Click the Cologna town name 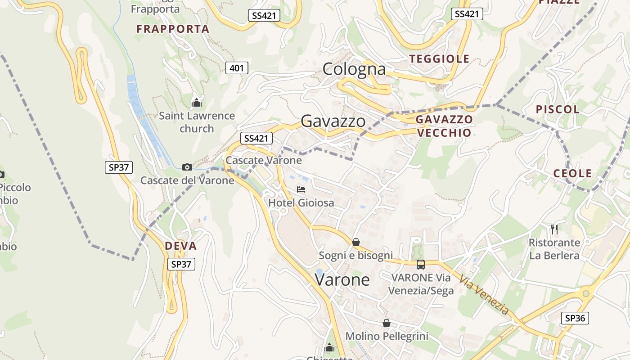(354, 69)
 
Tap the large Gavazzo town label (333, 121)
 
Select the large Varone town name (342, 280)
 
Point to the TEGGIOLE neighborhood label (439, 59)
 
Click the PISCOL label (558, 109)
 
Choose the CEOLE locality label (572, 173)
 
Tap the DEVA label (181, 246)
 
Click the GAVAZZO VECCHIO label (444, 126)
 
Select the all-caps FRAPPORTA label (173, 29)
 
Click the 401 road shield (237, 68)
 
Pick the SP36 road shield (575, 318)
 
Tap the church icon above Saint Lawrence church (197, 103)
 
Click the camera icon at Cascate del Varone (187, 167)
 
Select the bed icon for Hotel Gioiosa (301, 189)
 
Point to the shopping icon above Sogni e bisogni (356, 243)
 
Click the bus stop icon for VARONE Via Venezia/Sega (421, 265)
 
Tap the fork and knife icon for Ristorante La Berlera (554, 229)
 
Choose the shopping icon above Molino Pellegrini (387, 323)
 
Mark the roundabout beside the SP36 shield (586, 294)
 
